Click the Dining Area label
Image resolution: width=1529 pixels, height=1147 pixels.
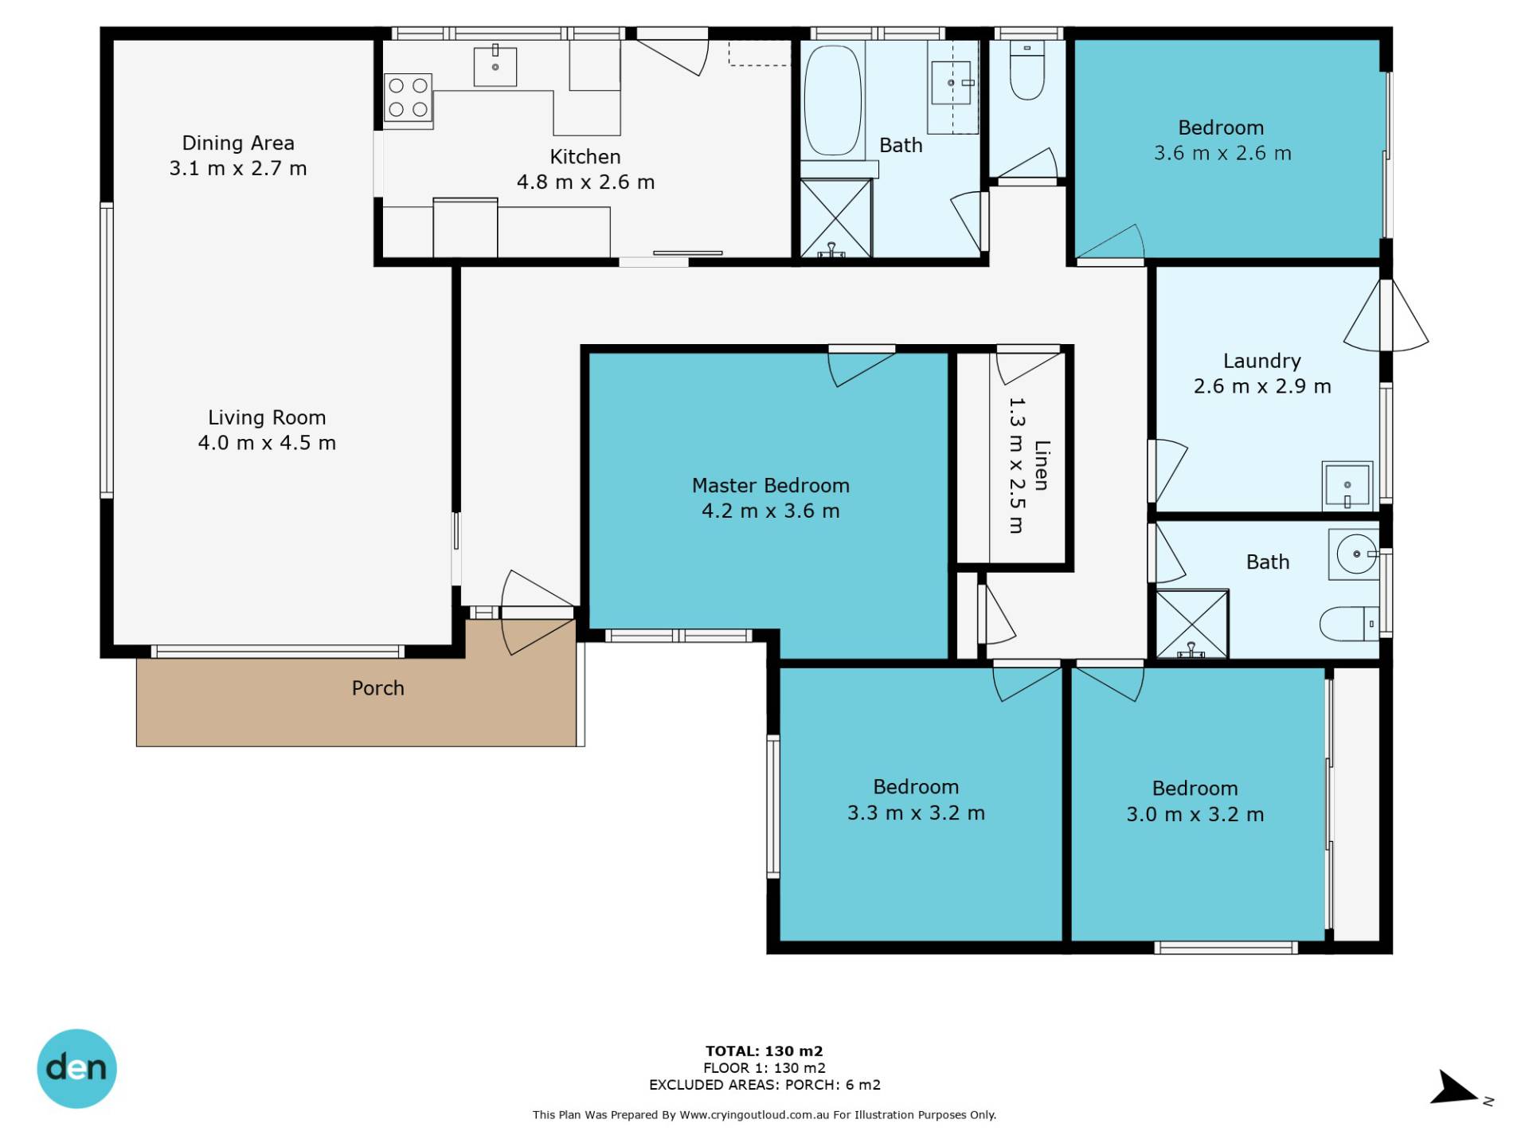click(x=238, y=143)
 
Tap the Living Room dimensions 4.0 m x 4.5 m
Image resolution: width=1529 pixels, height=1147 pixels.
click(x=267, y=443)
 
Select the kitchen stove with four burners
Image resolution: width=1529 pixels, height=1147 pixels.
click(x=408, y=98)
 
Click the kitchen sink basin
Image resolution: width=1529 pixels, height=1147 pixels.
click(x=495, y=66)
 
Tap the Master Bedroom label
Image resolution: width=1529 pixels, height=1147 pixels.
click(x=770, y=486)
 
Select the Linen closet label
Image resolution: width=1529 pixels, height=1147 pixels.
click(x=1042, y=465)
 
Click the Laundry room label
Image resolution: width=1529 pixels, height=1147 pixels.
click(x=1262, y=362)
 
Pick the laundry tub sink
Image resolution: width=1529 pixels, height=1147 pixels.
click(x=1347, y=485)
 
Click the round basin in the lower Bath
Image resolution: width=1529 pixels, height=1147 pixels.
click(x=1355, y=554)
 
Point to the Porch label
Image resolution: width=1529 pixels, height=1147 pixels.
click(x=378, y=688)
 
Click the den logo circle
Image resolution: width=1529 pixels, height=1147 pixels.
click(x=76, y=1068)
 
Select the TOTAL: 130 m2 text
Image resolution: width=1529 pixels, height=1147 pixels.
click(x=764, y=1051)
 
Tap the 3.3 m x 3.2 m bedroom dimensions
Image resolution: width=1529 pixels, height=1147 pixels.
click(x=916, y=813)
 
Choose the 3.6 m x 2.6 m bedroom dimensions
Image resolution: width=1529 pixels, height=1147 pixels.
click(x=1222, y=153)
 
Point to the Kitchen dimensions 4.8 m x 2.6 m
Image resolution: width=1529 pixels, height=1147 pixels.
click(x=585, y=182)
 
